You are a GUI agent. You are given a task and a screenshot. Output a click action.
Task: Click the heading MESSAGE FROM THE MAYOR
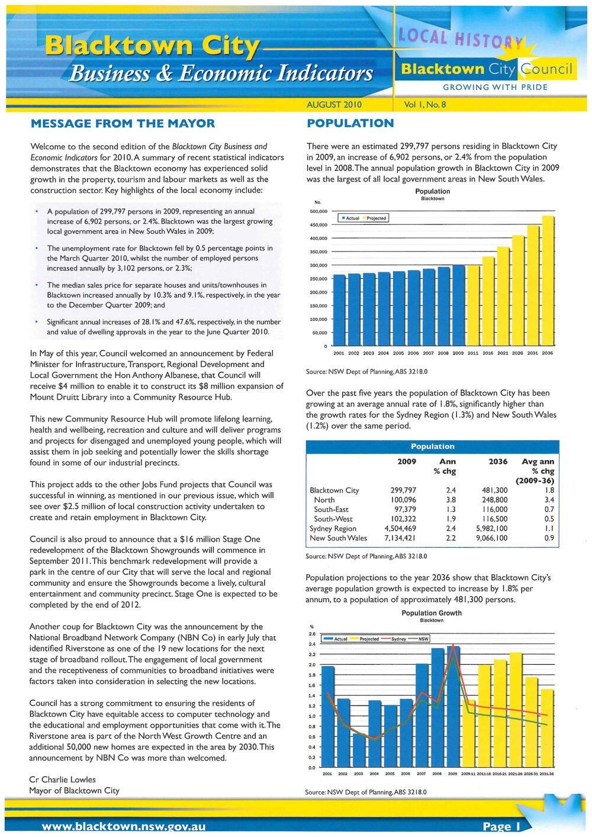pos(123,124)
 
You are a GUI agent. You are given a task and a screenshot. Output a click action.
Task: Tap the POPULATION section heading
pos(350,124)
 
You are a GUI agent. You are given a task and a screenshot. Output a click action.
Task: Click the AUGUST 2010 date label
pos(334,105)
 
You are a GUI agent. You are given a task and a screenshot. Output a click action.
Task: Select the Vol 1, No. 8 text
pos(424,105)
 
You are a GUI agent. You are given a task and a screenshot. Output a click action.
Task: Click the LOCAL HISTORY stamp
pos(459,39)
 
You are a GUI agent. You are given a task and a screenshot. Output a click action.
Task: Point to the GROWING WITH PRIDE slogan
pos(495,87)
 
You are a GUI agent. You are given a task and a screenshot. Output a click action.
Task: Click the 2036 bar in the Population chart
pos(548,280)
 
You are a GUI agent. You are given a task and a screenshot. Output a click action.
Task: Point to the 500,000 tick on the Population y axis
pos(318,211)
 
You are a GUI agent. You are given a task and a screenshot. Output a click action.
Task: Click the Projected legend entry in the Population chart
pos(375,218)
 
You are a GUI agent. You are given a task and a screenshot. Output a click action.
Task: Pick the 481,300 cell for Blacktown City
pos(494,491)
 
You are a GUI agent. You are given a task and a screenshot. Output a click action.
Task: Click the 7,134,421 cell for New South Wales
pos(400,538)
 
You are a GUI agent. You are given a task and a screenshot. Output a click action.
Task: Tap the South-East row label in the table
pos(331,510)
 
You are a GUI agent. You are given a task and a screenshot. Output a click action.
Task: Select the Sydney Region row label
pos(333,529)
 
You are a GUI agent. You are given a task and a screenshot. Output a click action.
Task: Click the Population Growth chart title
pos(432,613)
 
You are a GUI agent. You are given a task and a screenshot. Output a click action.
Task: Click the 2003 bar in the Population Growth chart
pos(359,749)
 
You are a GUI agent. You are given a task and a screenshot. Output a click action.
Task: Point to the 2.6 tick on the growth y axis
pos(311,634)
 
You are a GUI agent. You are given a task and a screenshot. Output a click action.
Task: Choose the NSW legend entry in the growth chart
pos(423,639)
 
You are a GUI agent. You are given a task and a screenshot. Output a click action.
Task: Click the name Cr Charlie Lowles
pos(62,780)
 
